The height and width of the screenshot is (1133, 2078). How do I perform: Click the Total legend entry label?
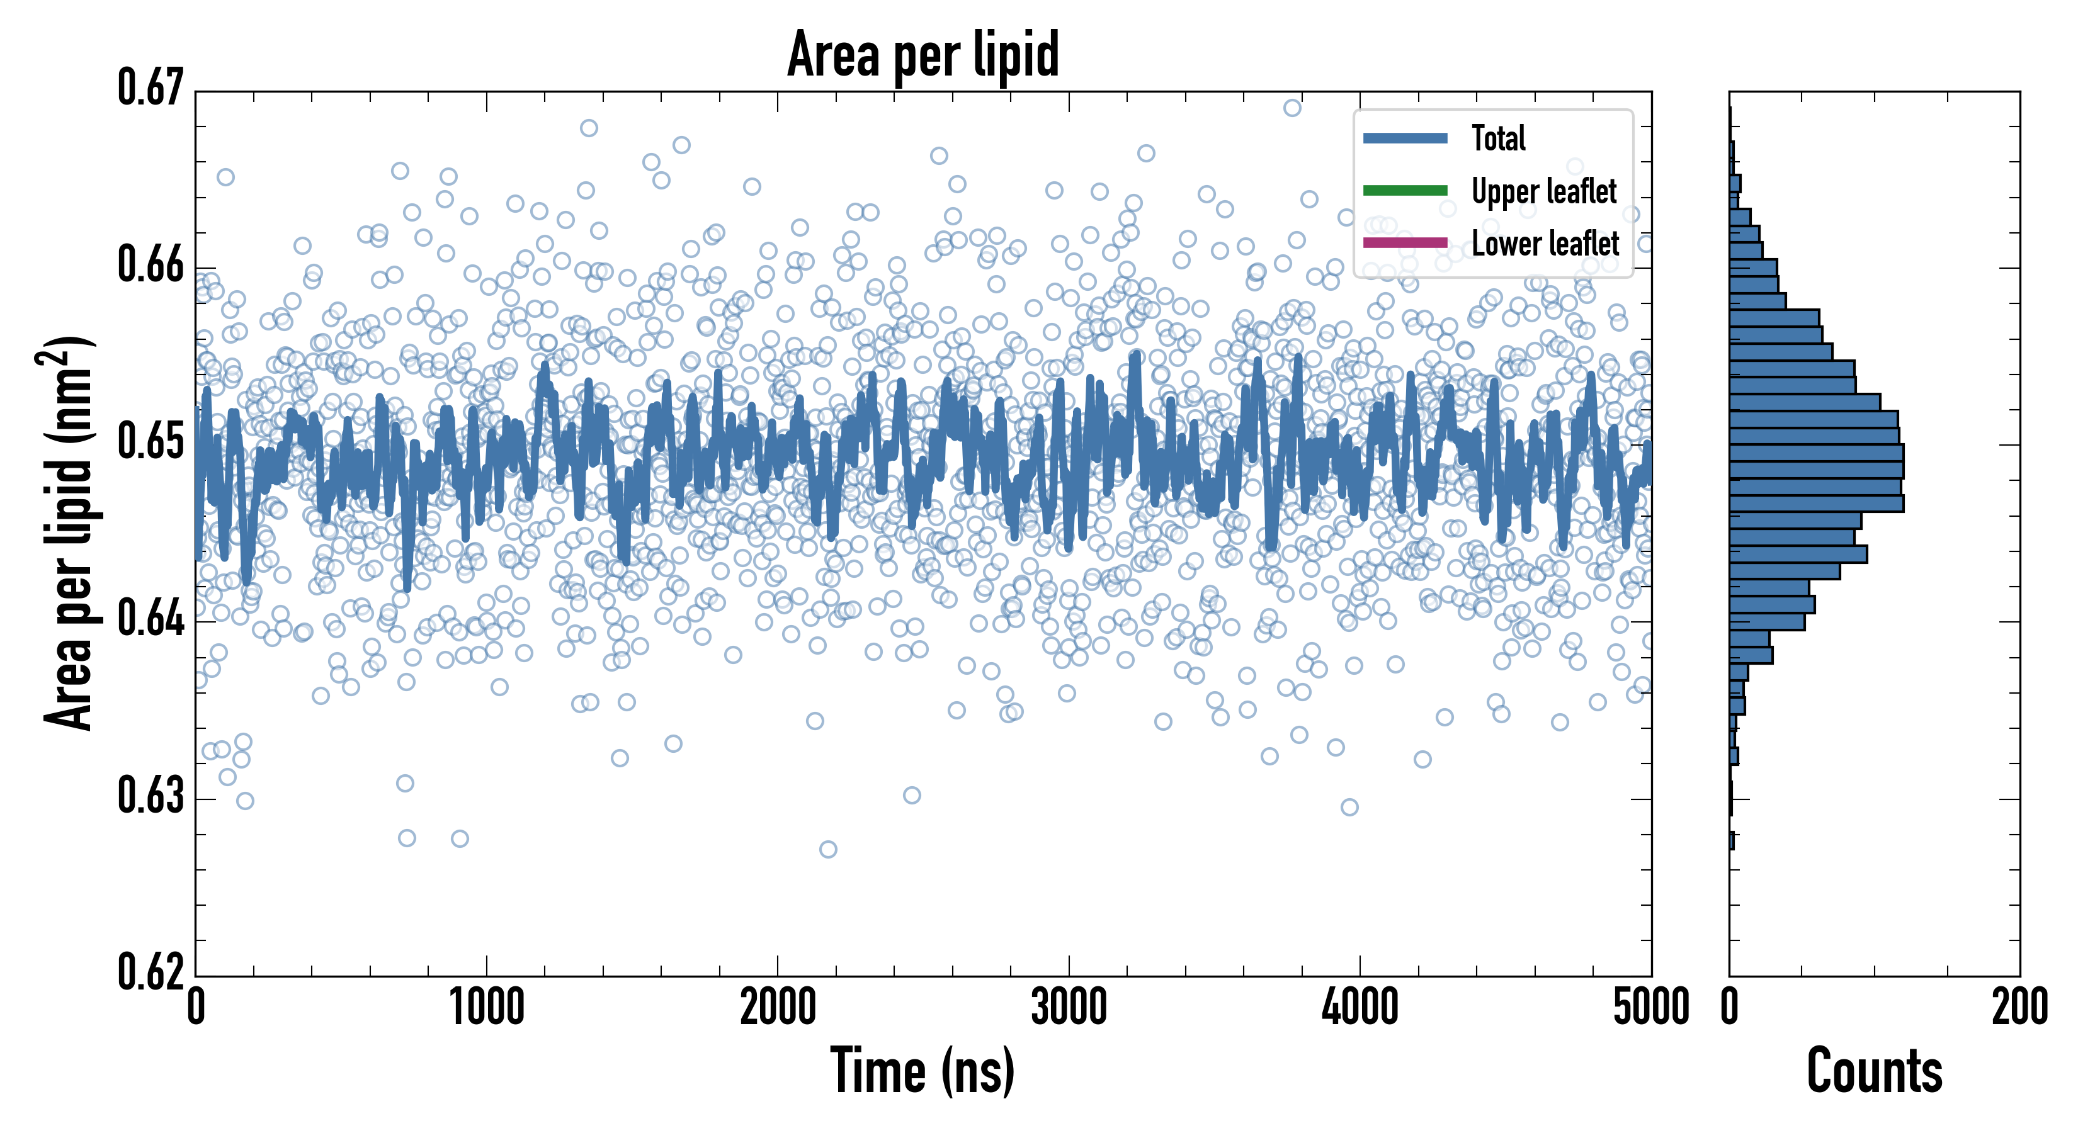(1498, 138)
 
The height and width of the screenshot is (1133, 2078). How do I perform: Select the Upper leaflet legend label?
(1543, 192)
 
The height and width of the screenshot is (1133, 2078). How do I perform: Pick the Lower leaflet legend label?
(1545, 244)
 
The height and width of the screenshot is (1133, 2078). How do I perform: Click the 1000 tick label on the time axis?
(486, 1008)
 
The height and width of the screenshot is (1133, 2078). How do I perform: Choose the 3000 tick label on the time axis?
(1069, 1008)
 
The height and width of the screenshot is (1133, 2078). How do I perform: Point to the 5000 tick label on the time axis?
(1650, 1008)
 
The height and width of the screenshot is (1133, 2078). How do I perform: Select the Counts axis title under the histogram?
(1874, 1071)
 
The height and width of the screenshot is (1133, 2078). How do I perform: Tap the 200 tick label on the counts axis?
(2019, 1008)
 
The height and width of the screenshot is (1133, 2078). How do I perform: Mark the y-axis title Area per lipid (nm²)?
(69, 533)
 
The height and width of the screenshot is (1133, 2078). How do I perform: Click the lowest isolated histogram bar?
(1732, 841)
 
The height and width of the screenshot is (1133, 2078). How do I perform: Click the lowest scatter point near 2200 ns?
(827, 849)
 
